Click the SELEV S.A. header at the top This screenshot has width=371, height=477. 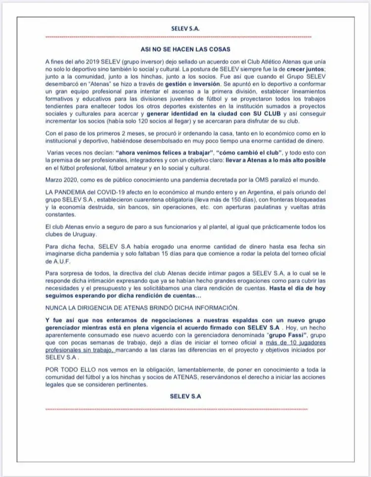click(x=185, y=29)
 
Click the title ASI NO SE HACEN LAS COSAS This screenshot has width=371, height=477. click(x=185, y=49)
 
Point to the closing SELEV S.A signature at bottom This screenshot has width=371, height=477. click(x=185, y=396)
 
